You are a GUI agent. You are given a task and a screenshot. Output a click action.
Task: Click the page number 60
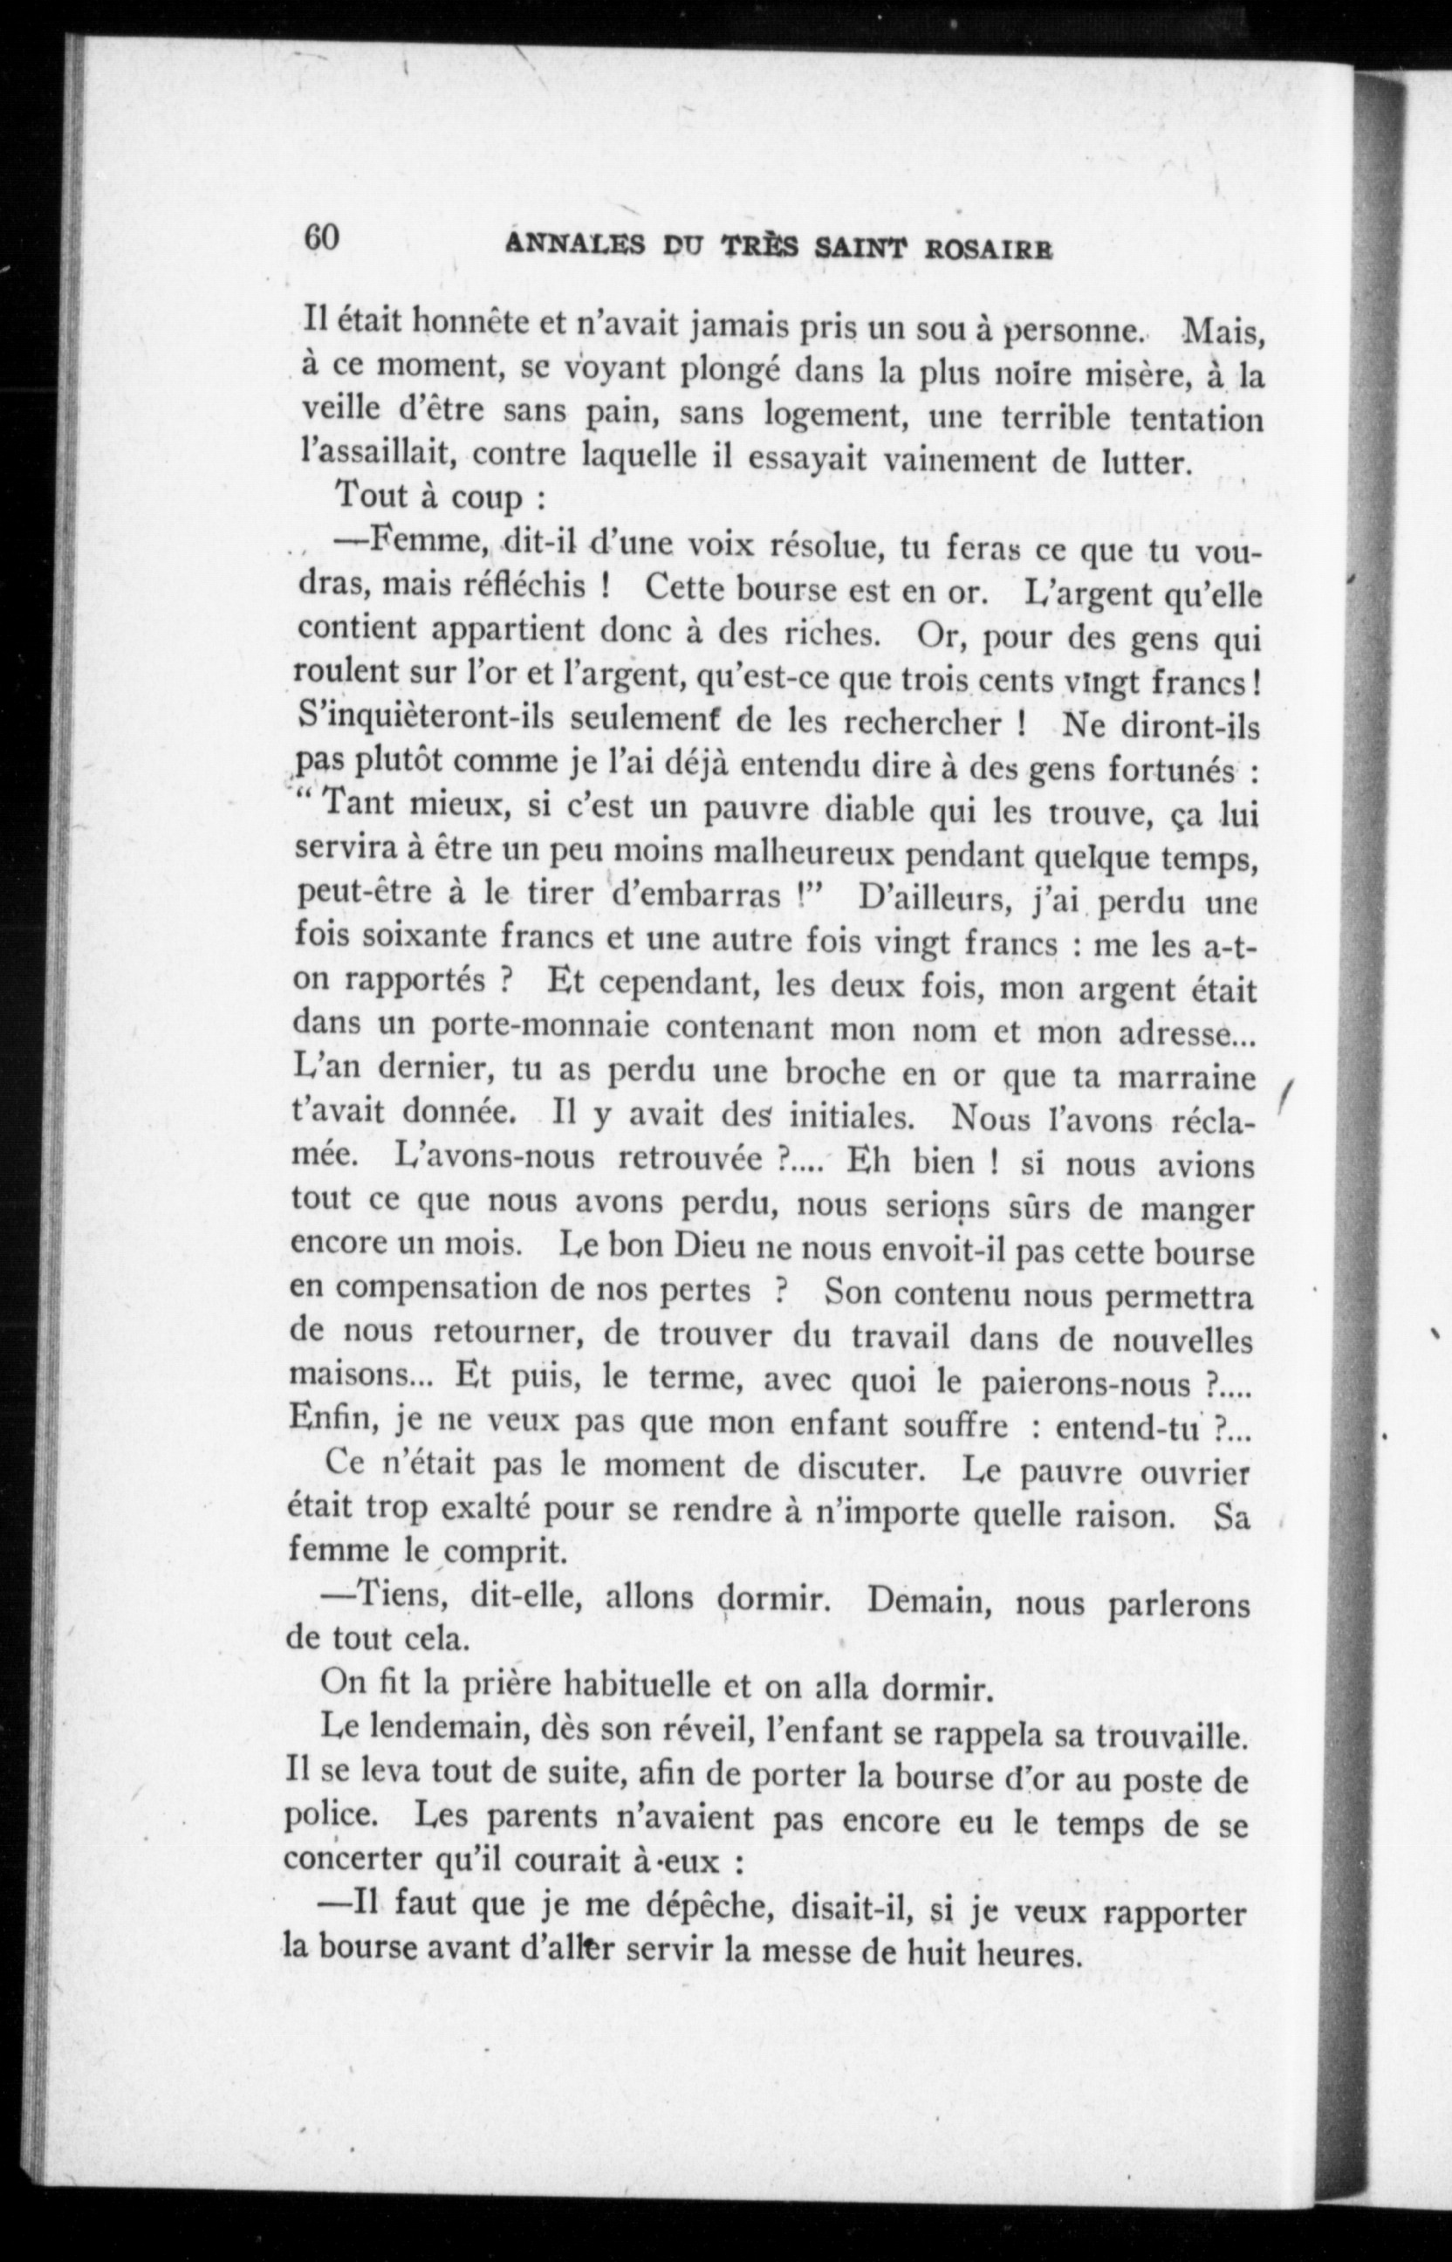[320, 237]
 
